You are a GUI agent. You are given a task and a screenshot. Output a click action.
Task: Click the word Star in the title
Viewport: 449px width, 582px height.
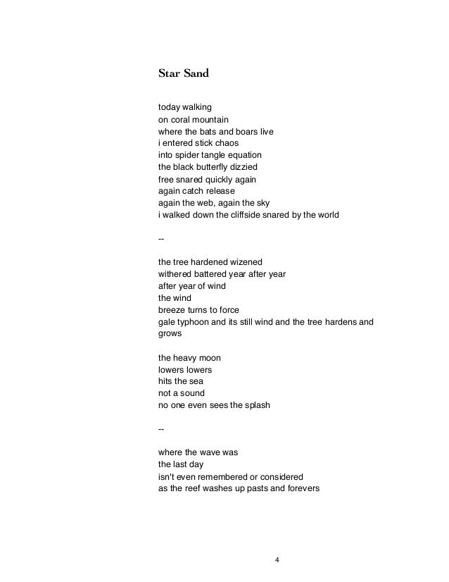[x=170, y=72]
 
